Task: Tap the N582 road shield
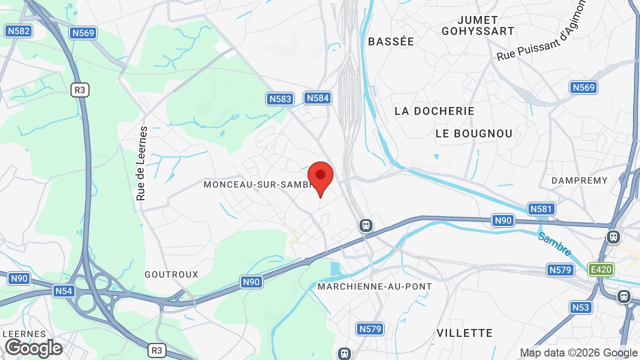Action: [18, 31]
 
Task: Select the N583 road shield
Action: [280, 98]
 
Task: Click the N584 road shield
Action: [317, 97]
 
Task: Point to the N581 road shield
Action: [541, 208]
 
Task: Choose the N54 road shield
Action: [63, 290]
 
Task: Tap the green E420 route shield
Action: [600, 269]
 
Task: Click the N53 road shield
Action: [580, 307]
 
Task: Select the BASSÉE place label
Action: [391, 41]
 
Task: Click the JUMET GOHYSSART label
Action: [477, 25]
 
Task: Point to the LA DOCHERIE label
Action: [434, 111]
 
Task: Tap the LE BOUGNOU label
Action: [474, 133]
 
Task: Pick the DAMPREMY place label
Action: [579, 180]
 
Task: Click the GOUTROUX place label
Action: [171, 274]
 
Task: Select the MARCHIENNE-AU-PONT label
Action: [374, 286]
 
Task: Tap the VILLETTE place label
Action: [464, 333]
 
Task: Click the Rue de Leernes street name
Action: [142, 163]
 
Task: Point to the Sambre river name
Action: [554, 243]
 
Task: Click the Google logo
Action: [33, 348]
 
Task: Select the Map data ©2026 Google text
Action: [578, 352]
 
